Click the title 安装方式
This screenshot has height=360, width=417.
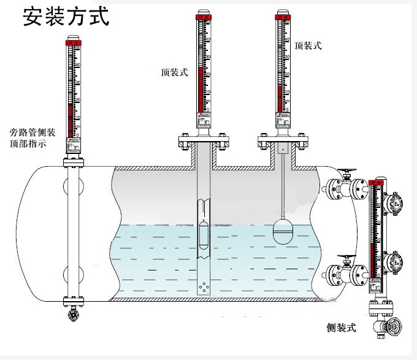coord(66,17)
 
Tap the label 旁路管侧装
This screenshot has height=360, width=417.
coord(33,132)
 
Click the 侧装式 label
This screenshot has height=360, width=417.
coord(342,328)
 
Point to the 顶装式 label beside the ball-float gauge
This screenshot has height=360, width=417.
coord(308,46)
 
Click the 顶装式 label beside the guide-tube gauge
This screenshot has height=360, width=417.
coord(174,72)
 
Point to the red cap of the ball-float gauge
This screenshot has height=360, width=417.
coord(283,13)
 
